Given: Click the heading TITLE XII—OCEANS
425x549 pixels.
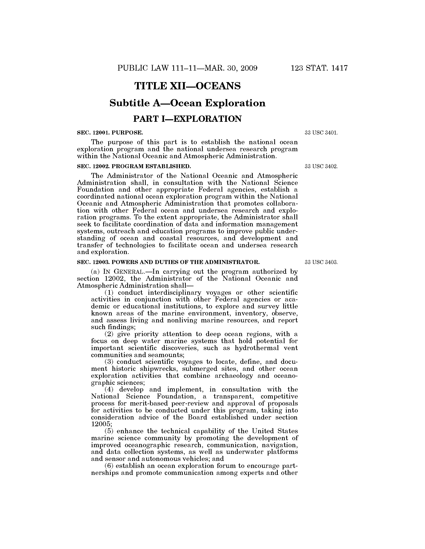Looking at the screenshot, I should point(187,86).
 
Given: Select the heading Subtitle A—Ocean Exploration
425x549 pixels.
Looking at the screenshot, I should point(187,103).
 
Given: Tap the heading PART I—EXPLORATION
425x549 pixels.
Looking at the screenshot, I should point(187,119).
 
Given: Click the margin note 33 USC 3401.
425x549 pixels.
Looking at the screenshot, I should point(321,133).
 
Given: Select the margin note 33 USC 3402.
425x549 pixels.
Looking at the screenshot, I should point(321,166).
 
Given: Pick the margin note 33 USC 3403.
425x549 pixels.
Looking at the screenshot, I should point(321,262).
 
